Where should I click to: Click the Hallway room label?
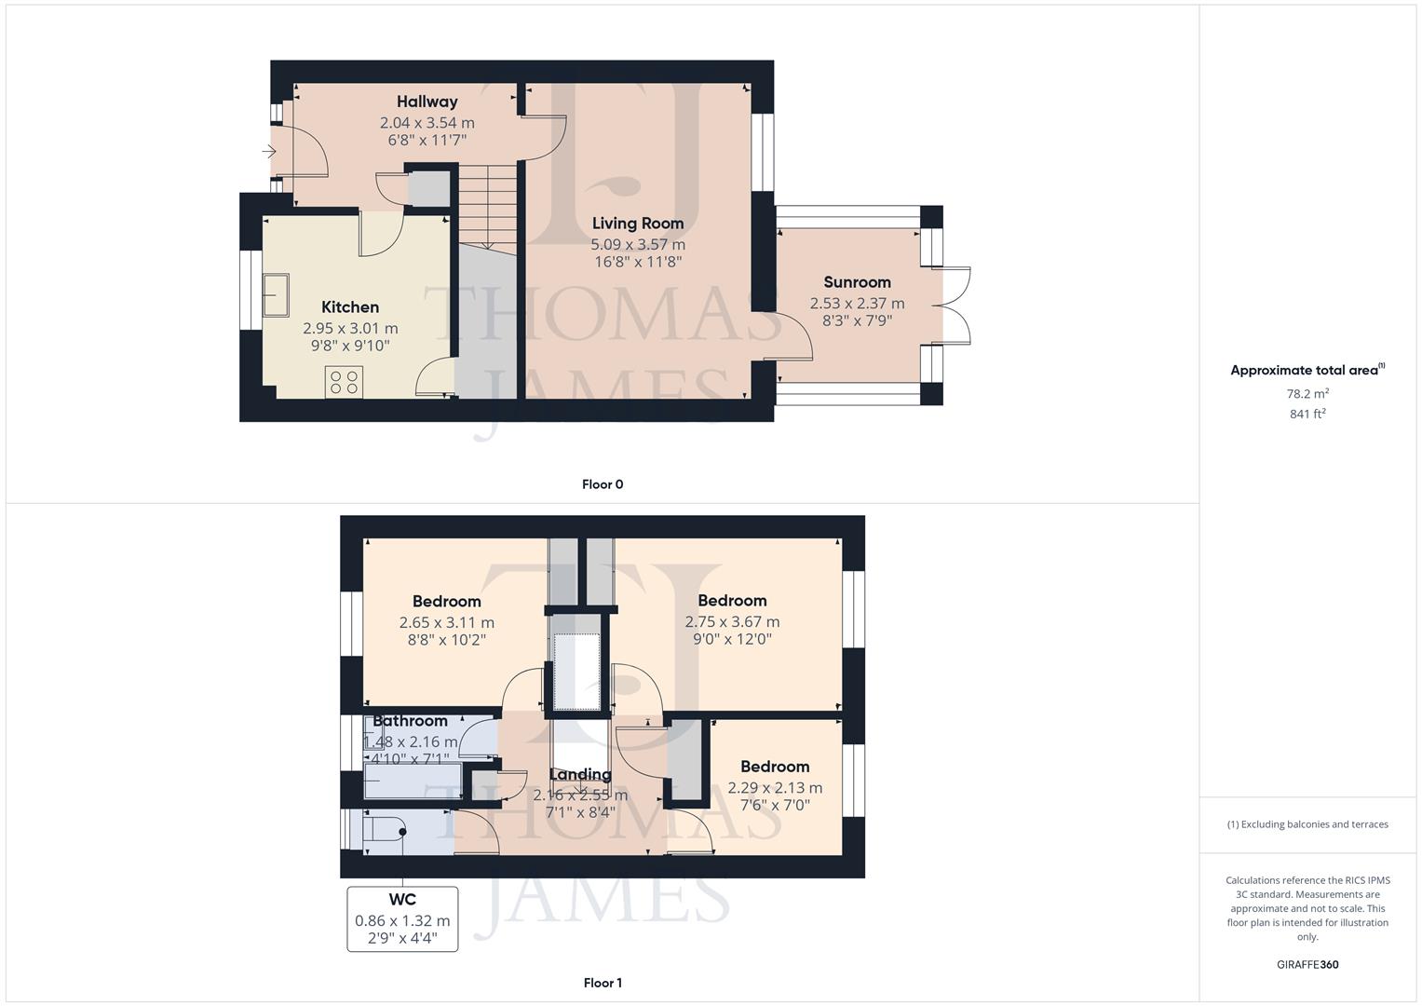[427, 102]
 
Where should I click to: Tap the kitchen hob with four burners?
[344, 382]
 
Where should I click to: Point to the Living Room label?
[638, 224]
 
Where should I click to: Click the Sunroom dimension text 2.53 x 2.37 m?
[857, 303]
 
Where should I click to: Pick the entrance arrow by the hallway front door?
[269, 152]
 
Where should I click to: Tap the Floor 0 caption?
[602, 484]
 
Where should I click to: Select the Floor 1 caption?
[602, 983]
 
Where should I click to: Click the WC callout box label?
[402, 900]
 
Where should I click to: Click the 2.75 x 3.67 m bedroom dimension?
[732, 621]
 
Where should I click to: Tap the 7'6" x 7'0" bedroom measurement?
[775, 805]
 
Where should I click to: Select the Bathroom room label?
[410, 721]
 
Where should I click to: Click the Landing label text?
[580, 775]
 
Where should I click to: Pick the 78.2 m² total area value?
[1307, 394]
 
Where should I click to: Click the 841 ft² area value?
[1307, 415]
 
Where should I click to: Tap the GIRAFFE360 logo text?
[1307, 965]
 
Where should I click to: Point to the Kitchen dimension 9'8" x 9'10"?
[350, 346]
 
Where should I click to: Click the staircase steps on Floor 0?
[487, 205]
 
